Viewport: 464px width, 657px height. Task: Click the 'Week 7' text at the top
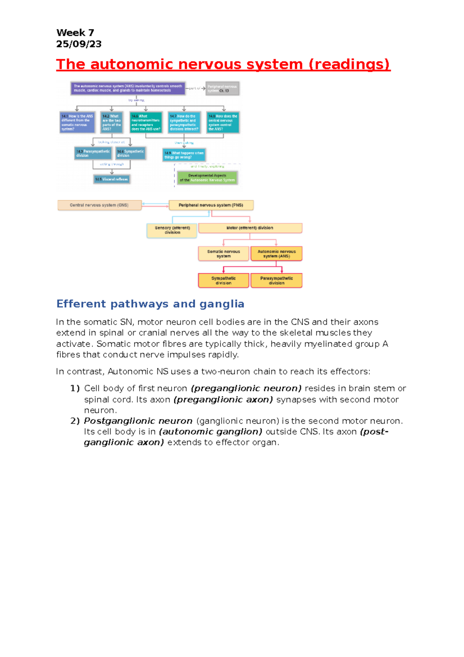click(75, 33)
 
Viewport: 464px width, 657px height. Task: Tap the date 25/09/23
click(79, 44)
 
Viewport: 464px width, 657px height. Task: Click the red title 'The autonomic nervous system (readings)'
click(223, 64)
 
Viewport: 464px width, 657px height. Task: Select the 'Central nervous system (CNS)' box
click(99, 205)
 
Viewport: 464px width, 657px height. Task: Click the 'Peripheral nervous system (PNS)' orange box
click(211, 205)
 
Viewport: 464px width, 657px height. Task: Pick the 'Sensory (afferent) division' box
click(172, 230)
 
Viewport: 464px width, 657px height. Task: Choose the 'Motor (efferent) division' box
click(250, 228)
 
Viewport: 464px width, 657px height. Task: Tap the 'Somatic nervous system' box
click(223, 254)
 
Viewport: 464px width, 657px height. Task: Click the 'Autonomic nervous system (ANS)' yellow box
click(276, 254)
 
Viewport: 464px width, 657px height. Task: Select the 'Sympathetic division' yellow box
click(223, 281)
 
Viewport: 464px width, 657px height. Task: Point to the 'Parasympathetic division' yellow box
click(276, 281)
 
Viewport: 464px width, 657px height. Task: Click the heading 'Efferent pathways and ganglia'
click(150, 304)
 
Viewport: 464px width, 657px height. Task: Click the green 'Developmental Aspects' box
click(207, 178)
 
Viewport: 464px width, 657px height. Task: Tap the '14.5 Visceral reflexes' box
click(112, 179)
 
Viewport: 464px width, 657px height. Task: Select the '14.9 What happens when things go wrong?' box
click(184, 155)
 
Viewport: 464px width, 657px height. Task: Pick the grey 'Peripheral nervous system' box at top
click(222, 88)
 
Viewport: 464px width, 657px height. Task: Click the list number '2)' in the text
click(75, 421)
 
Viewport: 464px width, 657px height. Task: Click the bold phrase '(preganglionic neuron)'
click(246, 388)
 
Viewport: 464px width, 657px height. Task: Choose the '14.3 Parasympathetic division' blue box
click(93, 153)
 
